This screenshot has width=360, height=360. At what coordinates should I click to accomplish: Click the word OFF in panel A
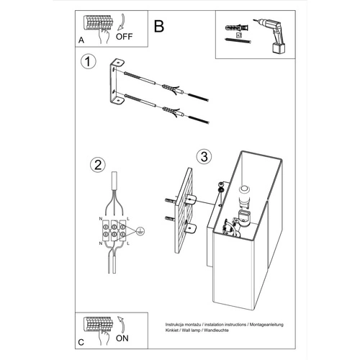pos(124,37)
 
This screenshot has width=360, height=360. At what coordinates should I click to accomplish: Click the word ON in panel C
pos(122,338)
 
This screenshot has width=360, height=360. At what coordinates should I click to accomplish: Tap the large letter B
pos(159,27)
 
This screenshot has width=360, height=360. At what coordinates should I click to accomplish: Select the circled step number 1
pos(88,62)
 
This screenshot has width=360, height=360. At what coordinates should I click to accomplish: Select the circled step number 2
pos(98,165)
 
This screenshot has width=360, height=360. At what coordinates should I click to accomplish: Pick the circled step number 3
pos(204,157)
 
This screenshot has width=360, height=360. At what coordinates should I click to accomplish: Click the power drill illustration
pos(270,35)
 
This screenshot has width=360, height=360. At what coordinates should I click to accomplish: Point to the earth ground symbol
pos(140,231)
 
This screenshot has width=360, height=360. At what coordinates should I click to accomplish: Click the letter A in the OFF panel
pos(81,40)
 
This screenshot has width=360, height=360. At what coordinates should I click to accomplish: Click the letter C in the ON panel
pos(81,342)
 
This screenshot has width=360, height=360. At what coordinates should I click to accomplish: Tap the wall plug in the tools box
pos(236,27)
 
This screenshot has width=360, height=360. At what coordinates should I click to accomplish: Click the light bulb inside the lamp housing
pos(245,196)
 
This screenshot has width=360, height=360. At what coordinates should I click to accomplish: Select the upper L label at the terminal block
pos(128,219)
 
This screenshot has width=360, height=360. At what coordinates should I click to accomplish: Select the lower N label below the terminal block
pos(101,243)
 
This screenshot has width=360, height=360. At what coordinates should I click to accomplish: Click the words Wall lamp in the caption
pos(191,330)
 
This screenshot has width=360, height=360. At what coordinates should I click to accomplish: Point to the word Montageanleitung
pos(266,325)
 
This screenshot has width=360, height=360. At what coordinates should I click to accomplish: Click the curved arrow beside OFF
pos(122,22)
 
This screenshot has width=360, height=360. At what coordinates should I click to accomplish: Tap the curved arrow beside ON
pos(122,325)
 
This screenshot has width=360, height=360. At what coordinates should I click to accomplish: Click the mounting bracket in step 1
pos(116,82)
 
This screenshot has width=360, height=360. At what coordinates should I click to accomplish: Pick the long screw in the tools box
pos(238,41)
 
